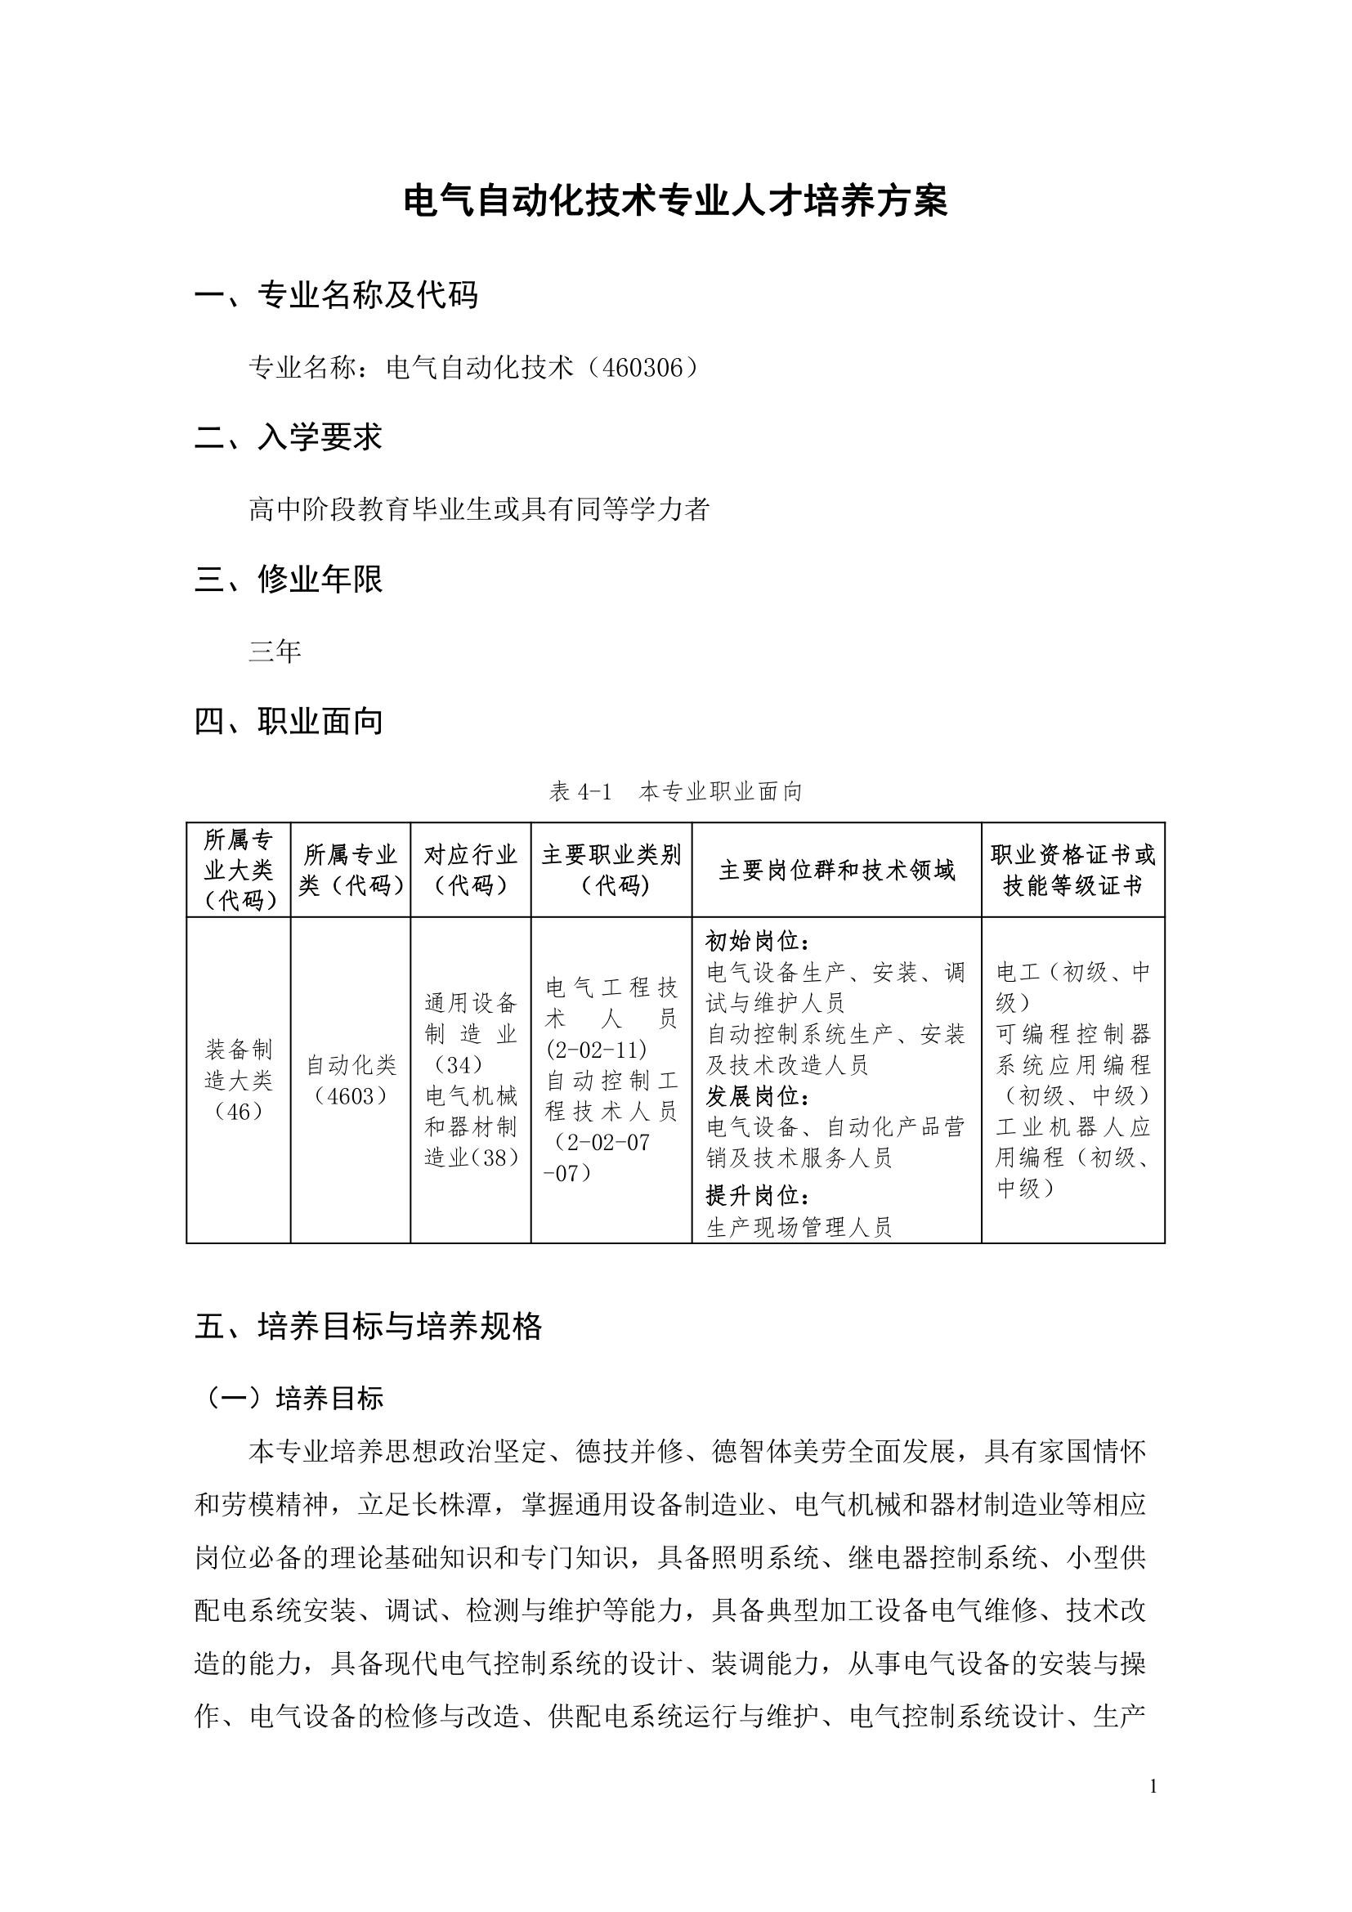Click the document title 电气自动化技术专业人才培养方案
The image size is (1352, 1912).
pos(675,202)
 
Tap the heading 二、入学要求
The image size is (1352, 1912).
pos(288,437)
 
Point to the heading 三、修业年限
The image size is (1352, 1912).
pos(288,579)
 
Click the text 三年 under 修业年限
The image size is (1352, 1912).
pos(274,651)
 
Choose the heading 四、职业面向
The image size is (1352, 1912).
pos(288,721)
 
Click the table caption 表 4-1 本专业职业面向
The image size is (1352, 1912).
pos(675,791)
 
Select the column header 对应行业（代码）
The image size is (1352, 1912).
pos(470,870)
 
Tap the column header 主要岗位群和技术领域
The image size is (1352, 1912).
pos(837,871)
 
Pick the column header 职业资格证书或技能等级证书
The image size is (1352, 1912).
pos(1072,871)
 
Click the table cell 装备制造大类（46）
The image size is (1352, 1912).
pos(238,1080)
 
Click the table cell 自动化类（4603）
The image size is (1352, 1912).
pos(351,1080)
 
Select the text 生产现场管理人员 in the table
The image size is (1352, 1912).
pos(799,1227)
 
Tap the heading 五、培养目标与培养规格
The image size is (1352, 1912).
pos(368,1327)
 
